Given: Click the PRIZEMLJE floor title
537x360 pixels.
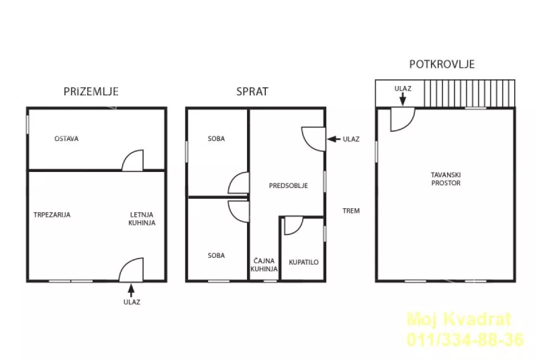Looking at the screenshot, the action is pos(91,91).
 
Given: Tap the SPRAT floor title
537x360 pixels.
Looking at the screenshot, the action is pos(252,91).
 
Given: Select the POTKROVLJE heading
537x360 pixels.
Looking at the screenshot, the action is pos(442,64).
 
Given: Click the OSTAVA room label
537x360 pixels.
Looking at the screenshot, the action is pos(66,139).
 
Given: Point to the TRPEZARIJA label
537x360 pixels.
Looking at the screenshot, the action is pos(52,214).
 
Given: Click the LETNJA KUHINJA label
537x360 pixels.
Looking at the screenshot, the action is pos(142,219).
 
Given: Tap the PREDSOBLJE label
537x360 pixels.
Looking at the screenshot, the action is pos(288,186).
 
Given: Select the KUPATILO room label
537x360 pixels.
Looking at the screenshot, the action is pos(303,262).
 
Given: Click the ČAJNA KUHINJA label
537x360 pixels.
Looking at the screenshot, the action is pos(264,265).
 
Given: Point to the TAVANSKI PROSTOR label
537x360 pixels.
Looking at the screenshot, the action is pos(446,179).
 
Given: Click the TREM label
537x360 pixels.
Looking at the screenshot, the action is pos(351,211).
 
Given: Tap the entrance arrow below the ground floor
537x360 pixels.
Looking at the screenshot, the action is pos(131,291).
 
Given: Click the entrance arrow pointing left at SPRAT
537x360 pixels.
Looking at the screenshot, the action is pos(334,139).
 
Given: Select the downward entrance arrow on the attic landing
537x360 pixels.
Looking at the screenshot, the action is pos(403,99).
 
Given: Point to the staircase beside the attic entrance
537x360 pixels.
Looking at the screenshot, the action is pos(469,93).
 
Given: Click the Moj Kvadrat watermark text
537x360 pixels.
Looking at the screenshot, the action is pos(459,319).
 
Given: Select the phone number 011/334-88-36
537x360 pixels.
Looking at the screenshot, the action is pos(465,339).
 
